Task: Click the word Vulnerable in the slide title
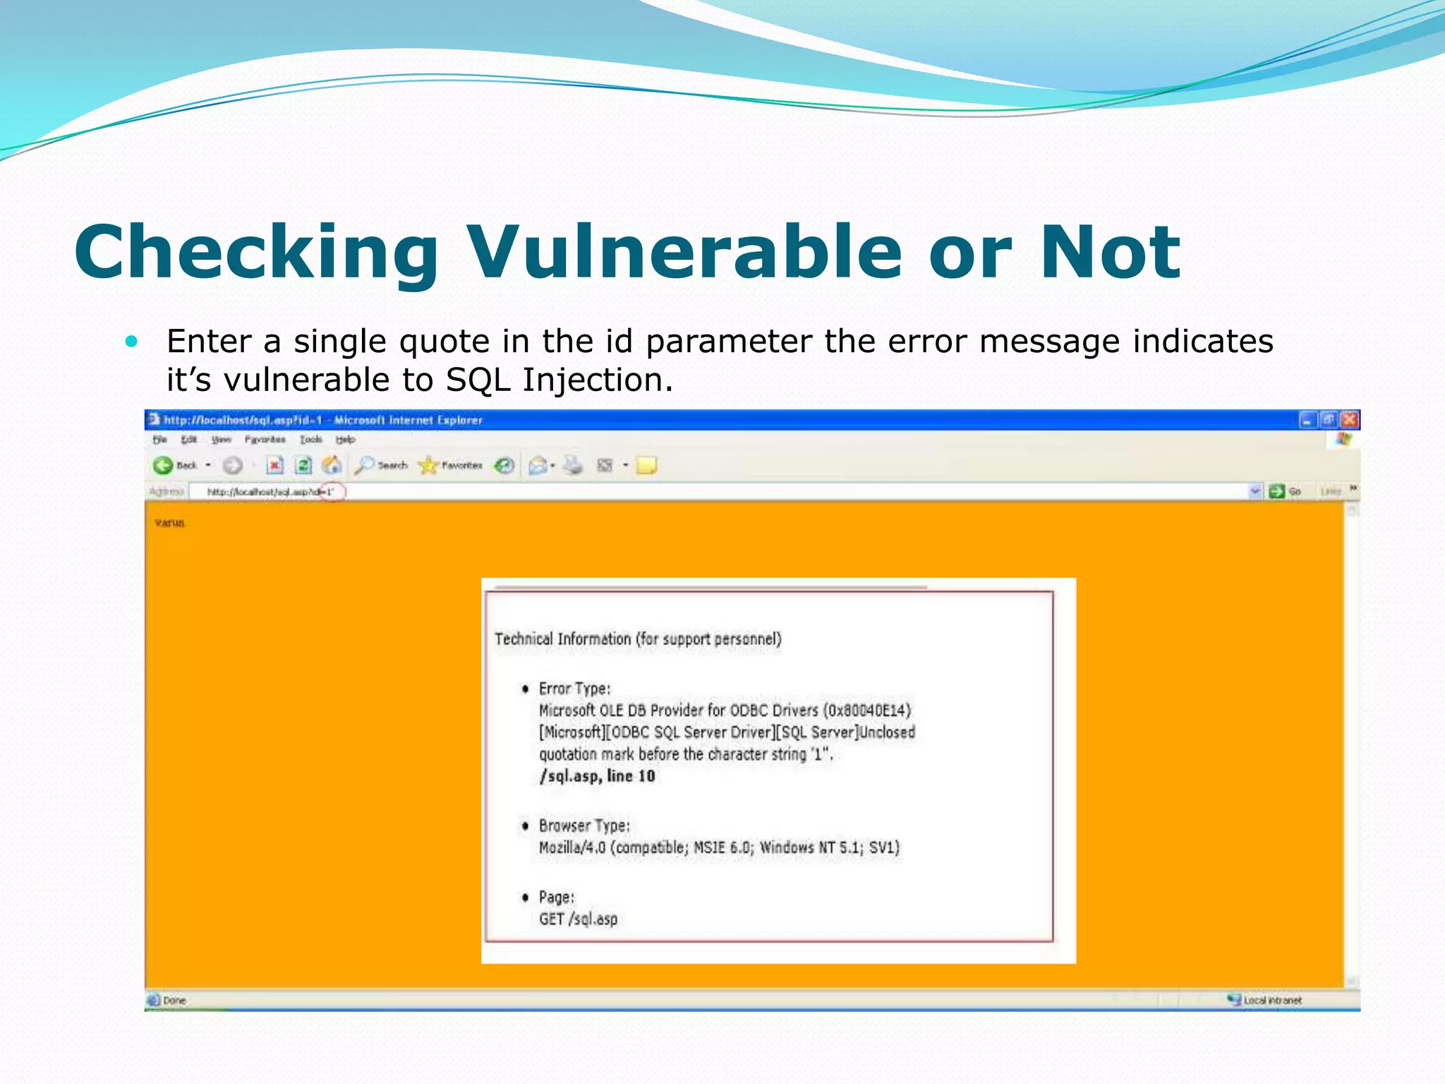[x=684, y=252]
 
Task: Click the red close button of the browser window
[x=1349, y=420]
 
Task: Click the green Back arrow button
[x=163, y=465]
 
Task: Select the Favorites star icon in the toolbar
[x=428, y=465]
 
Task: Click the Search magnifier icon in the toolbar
[x=364, y=465]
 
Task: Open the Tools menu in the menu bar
[x=310, y=440]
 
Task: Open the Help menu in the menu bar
[x=345, y=440]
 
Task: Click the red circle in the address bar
[x=332, y=492]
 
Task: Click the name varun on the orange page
[x=169, y=523]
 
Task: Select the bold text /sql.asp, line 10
[x=597, y=776]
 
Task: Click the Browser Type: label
[x=584, y=826]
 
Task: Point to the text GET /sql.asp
[x=578, y=919]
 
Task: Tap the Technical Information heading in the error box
[x=638, y=639]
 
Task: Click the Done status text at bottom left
[x=174, y=1001]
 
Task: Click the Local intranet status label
[x=1272, y=1001]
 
